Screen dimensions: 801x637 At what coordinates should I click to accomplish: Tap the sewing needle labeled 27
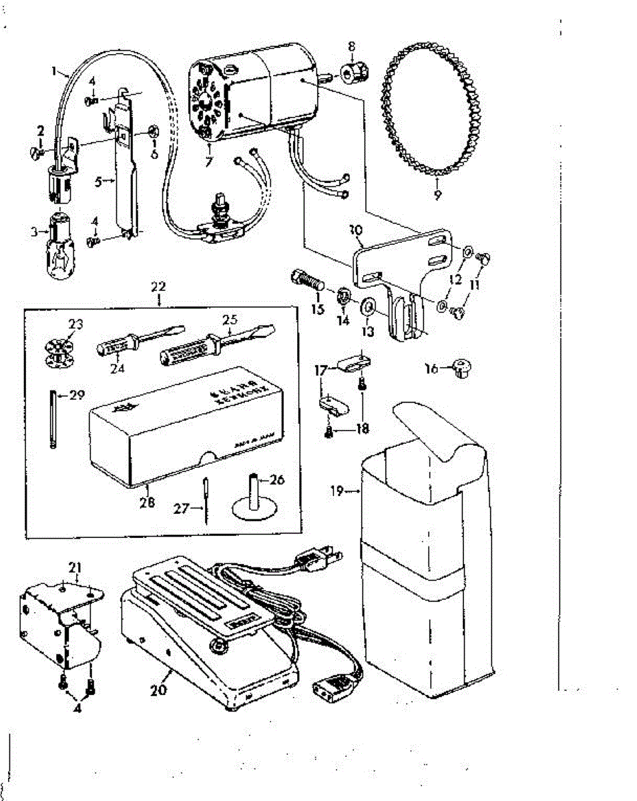pyautogui.click(x=207, y=501)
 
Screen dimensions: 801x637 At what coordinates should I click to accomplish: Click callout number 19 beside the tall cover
pyautogui.click(x=337, y=491)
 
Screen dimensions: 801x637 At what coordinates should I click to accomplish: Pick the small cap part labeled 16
pyautogui.click(x=460, y=367)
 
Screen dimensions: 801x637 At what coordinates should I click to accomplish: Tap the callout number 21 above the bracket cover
pyautogui.click(x=74, y=567)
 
